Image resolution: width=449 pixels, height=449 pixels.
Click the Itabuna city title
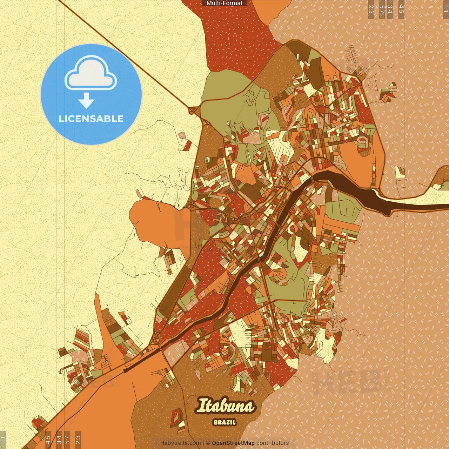tap(226, 406)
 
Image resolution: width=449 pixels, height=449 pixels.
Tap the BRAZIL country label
tap(224, 422)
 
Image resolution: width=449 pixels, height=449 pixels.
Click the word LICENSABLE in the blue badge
tap(91, 119)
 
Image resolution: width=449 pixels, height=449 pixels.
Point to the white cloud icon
tap(91, 74)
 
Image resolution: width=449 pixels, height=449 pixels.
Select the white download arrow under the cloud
tap(86, 100)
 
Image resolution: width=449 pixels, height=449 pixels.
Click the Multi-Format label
tap(224, 3)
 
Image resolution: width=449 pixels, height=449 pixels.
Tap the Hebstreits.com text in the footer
tap(180, 443)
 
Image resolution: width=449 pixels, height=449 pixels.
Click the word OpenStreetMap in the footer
tap(233, 443)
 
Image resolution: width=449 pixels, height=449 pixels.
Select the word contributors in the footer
tap(273, 443)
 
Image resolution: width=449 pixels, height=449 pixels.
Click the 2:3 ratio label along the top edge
tap(371, 9)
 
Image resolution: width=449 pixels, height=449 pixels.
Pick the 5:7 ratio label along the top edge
tap(382, 9)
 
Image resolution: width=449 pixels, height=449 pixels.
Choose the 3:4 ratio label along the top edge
tap(390, 9)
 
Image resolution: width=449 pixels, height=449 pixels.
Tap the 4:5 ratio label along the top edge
tap(401, 9)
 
